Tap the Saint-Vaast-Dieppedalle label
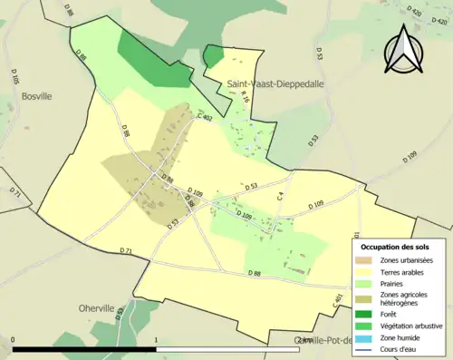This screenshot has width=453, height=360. [275, 83]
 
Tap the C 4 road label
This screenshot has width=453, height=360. [281, 196]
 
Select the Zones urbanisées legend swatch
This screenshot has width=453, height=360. [365, 261]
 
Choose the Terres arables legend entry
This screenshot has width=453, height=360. [400, 271]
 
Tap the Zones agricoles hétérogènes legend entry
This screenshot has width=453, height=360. [405, 297]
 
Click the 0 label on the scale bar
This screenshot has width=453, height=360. [13, 341]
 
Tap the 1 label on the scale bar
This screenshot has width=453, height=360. [157, 341]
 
